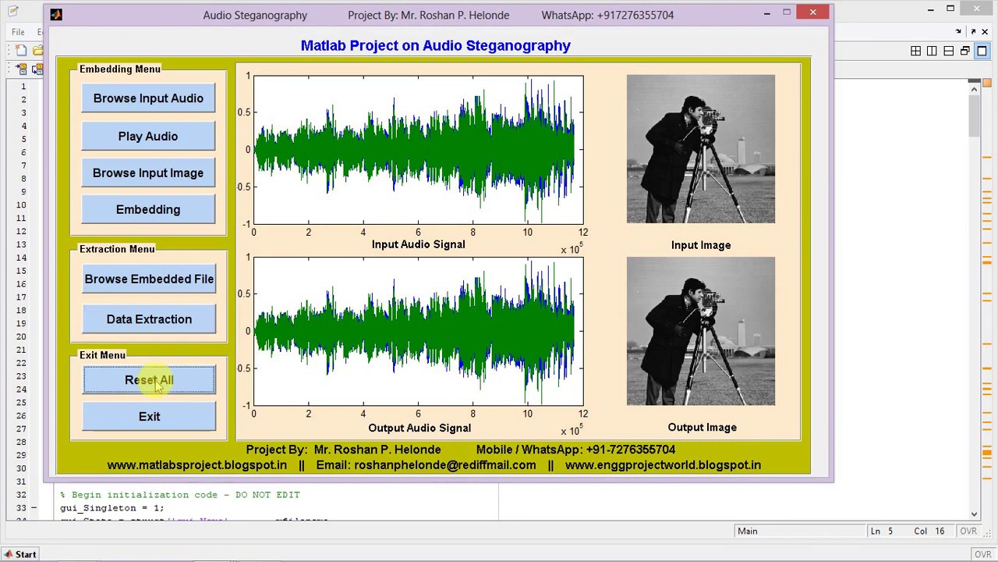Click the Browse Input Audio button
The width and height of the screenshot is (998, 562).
148,98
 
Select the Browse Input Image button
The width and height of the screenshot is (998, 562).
148,173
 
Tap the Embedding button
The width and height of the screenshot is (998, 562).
148,209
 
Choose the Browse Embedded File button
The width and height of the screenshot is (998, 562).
149,279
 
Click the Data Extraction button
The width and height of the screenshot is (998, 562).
149,319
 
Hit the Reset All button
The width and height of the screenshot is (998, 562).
149,380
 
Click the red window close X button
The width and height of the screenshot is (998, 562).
813,12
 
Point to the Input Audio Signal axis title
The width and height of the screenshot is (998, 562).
418,244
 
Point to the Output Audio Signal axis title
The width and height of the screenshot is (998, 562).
419,428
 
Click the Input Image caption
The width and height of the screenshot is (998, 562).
701,245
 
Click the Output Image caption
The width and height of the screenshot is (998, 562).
702,427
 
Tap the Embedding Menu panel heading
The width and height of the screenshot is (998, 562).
119,69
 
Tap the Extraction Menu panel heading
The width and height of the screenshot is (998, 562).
117,249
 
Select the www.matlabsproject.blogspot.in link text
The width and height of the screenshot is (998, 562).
196,464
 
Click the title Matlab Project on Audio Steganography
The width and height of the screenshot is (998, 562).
435,45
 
